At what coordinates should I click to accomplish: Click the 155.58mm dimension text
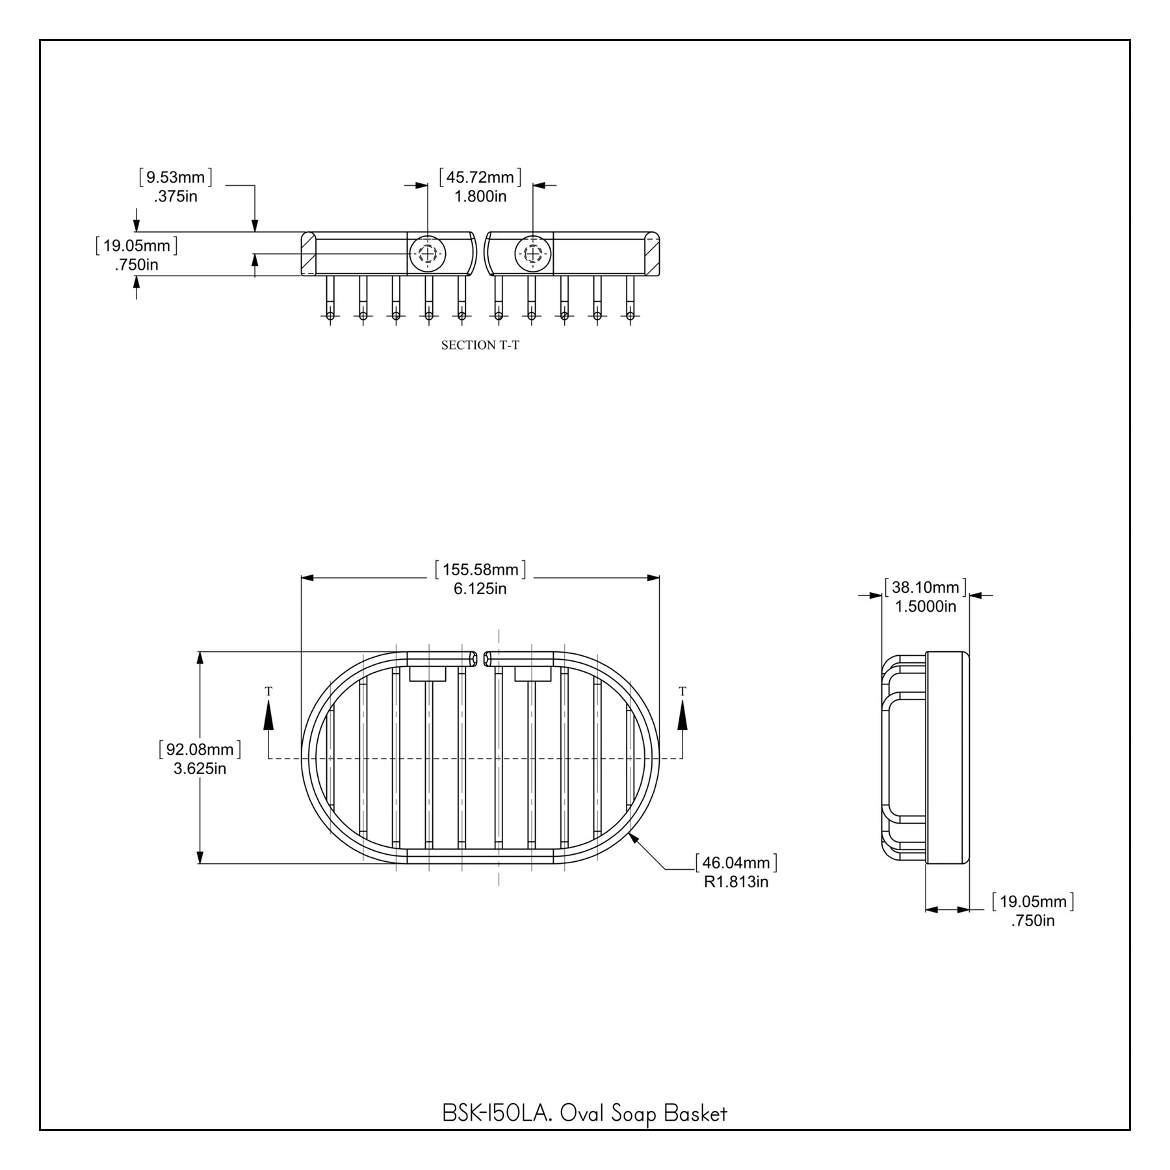(480, 570)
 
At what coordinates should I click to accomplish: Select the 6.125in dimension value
(480, 590)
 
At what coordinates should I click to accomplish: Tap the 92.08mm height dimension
(200, 749)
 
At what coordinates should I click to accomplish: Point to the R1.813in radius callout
(736, 882)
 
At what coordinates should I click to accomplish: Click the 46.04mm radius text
(736, 863)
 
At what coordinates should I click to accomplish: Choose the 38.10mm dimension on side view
(925, 588)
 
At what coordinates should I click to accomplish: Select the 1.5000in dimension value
(926, 606)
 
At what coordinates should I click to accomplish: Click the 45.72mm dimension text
(480, 177)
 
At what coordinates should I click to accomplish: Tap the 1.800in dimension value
(480, 196)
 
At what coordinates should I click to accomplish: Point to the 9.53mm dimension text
(175, 177)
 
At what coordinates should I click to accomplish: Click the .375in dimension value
(175, 196)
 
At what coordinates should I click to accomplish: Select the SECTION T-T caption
(480, 345)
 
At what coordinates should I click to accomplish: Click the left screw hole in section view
(427, 253)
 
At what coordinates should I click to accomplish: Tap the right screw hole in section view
(533, 253)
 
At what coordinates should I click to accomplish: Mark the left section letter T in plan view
(268, 692)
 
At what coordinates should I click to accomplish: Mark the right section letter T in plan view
(682, 692)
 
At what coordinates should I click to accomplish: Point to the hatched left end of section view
(309, 253)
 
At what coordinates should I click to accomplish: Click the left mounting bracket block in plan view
(428, 674)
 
